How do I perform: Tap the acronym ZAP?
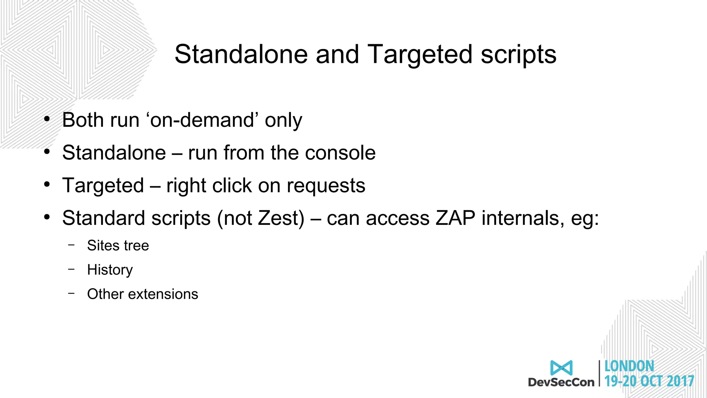point(455,218)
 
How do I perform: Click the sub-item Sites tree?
point(118,246)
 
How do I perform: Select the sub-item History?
point(110,270)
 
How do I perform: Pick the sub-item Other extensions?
point(142,294)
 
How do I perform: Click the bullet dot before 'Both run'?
point(47,120)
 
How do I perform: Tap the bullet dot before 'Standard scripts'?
point(47,218)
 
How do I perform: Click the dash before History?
point(71,269)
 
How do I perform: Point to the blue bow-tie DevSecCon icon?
point(561,368)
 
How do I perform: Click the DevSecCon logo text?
point(561,382)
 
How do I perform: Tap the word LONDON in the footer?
point(629,366)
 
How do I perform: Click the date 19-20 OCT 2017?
point(649,381)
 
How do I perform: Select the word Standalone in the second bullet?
point(114,153)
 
